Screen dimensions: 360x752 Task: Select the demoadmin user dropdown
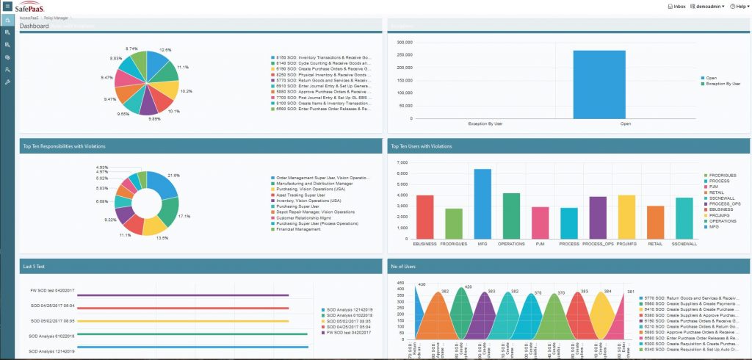click(x=709, y=6)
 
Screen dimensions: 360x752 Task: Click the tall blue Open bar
click(x=599, y=84)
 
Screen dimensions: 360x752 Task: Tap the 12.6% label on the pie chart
click(x=165, y=50)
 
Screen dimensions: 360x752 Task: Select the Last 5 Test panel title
click(x=34, y=265)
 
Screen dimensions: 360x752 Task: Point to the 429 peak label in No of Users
click(x=469, y=287)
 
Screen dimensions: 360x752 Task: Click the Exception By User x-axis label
click(x=485, y=123)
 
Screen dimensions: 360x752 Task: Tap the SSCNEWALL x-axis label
click(x=684, y=242)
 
